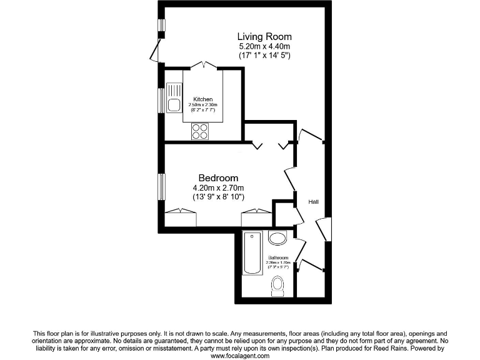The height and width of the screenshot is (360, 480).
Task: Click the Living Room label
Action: pos(264,37)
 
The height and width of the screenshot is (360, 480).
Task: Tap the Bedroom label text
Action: pos(218,178)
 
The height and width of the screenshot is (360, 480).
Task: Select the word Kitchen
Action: pos(202,99)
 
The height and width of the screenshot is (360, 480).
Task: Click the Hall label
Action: pos(313,202)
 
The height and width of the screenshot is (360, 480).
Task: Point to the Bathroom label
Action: pos(278,258)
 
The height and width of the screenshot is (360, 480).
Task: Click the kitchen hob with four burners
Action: pos(200,131)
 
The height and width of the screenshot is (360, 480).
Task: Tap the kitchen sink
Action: pos(173,101)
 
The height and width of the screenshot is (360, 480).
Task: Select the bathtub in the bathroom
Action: pos(252,252)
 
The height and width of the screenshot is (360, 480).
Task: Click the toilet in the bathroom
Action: pos(277,287)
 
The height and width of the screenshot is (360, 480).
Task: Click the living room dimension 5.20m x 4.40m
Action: pos(264,47)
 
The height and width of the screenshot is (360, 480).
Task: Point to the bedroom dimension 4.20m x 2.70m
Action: pos(218,188)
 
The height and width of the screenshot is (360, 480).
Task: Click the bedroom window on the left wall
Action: pos(161,186)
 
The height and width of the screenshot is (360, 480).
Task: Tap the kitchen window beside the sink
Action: pos(161,100)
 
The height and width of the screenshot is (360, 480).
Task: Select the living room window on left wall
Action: pos(161,26)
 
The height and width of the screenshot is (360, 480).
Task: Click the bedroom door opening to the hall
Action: pos(291,179)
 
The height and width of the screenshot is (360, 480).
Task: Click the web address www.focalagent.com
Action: pos(240,356)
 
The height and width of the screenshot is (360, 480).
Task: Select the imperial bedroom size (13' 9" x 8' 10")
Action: pos(218,197)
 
